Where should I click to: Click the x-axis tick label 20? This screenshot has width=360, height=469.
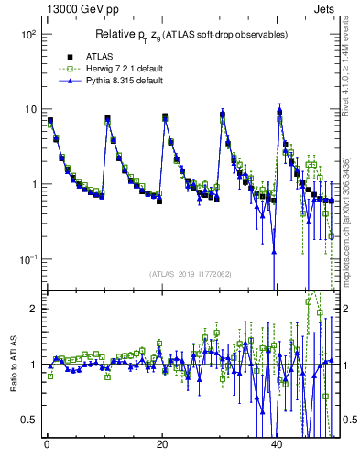tap(162, 444)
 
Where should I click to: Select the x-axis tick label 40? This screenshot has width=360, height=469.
tap(278, 444)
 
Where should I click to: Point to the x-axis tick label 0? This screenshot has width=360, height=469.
tap(46, 444)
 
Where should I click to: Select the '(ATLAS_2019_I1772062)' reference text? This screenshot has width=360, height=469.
tap(190, 274)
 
